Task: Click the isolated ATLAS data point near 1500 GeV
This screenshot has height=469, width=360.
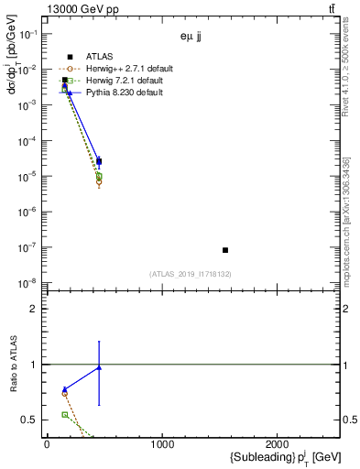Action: coord(225,250)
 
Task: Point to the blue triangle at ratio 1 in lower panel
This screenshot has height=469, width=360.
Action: coord(99,367)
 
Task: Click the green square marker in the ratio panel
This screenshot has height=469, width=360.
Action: coord(64,415)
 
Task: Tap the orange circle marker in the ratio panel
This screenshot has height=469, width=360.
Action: coord(64,394)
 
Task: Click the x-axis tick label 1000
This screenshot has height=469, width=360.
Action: coord(162,445)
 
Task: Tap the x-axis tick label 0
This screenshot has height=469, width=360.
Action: coord(47,445)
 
